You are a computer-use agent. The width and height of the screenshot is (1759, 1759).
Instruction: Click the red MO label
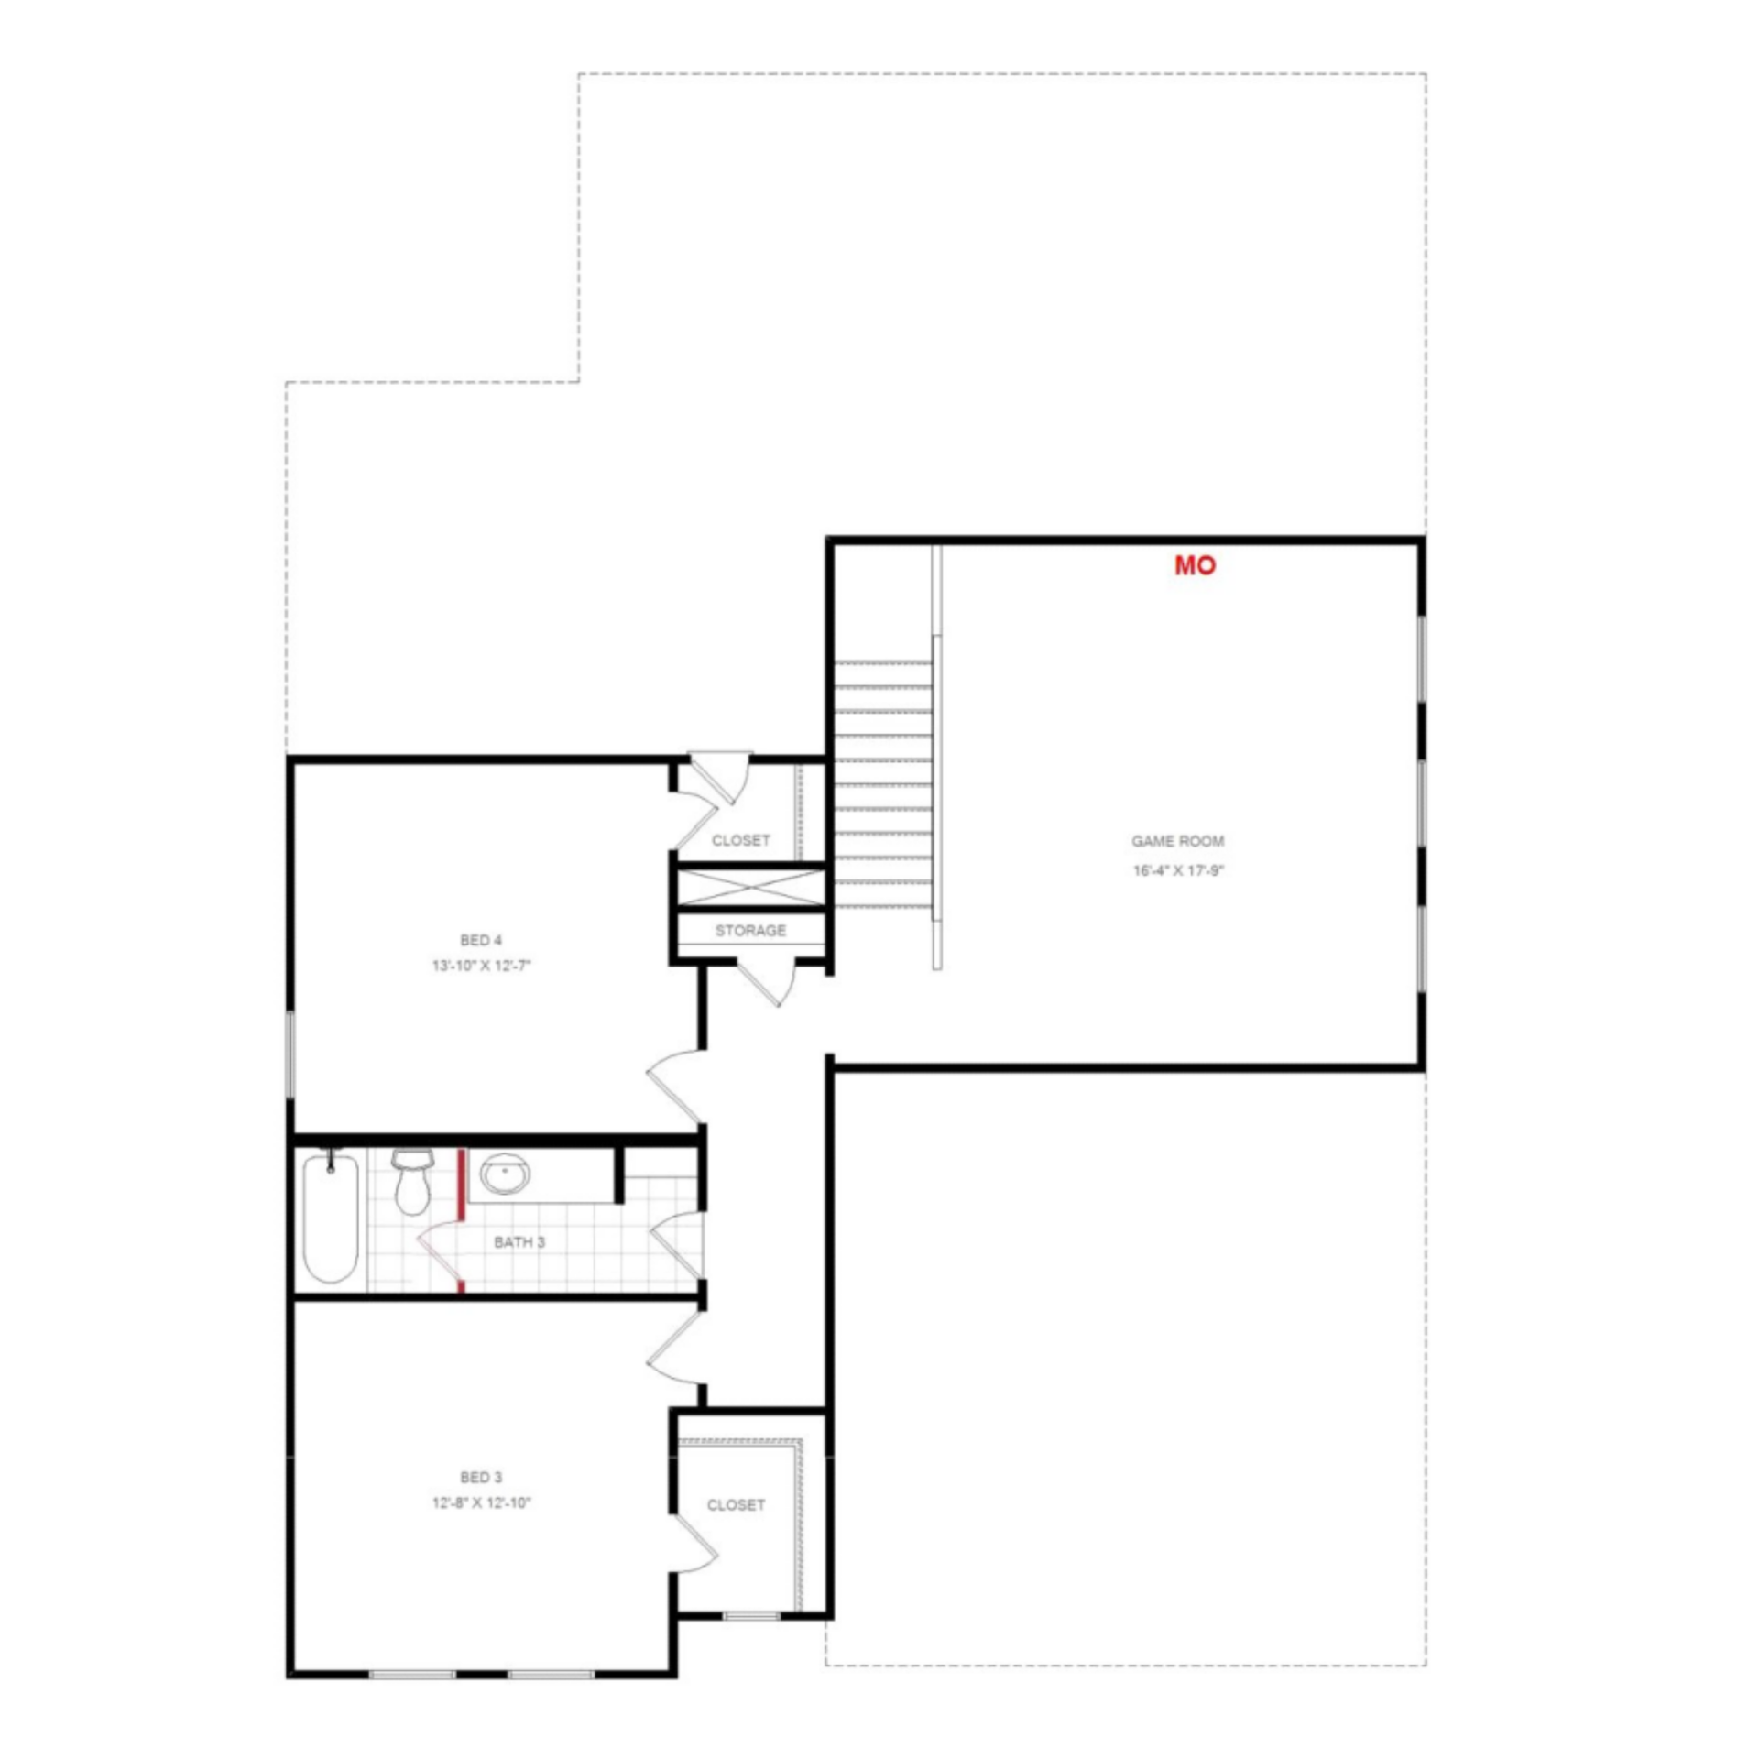click(x=1195, y=565)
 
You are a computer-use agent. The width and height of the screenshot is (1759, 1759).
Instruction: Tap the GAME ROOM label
click(x=1177, y=841)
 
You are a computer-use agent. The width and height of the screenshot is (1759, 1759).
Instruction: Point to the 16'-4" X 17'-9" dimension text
click(x=1178, y=870)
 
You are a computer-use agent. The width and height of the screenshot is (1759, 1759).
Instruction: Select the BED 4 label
click(x=481, y=940)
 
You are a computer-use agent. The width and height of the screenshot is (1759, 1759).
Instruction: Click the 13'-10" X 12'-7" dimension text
click(x=482, y=966)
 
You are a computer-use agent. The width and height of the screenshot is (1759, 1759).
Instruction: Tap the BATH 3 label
click(x=519, y=1242)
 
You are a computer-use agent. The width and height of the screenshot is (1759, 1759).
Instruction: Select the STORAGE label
click(x=750, y=931)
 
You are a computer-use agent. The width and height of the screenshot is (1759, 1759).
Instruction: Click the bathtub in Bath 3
click(x=331, y=1218)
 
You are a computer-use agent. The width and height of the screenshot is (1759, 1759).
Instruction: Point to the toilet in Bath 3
click(x=410, y=1182)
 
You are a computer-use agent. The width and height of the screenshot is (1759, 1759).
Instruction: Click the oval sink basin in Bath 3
click(x=505, y=1174)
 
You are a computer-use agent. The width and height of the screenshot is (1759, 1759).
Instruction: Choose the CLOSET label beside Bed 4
click(x=740, y=840)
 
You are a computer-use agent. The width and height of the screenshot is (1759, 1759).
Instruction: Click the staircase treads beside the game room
click(x=882, y=784)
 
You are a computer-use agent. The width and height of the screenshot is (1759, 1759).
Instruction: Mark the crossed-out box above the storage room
click(x=750, y=888)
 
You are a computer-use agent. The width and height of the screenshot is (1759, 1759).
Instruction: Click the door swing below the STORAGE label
click(x=768, y=983)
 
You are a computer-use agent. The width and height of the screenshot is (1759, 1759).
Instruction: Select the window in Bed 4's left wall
click(x=290, y=1054)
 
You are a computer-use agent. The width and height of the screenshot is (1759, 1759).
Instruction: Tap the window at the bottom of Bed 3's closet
click(x=751, y=1616)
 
